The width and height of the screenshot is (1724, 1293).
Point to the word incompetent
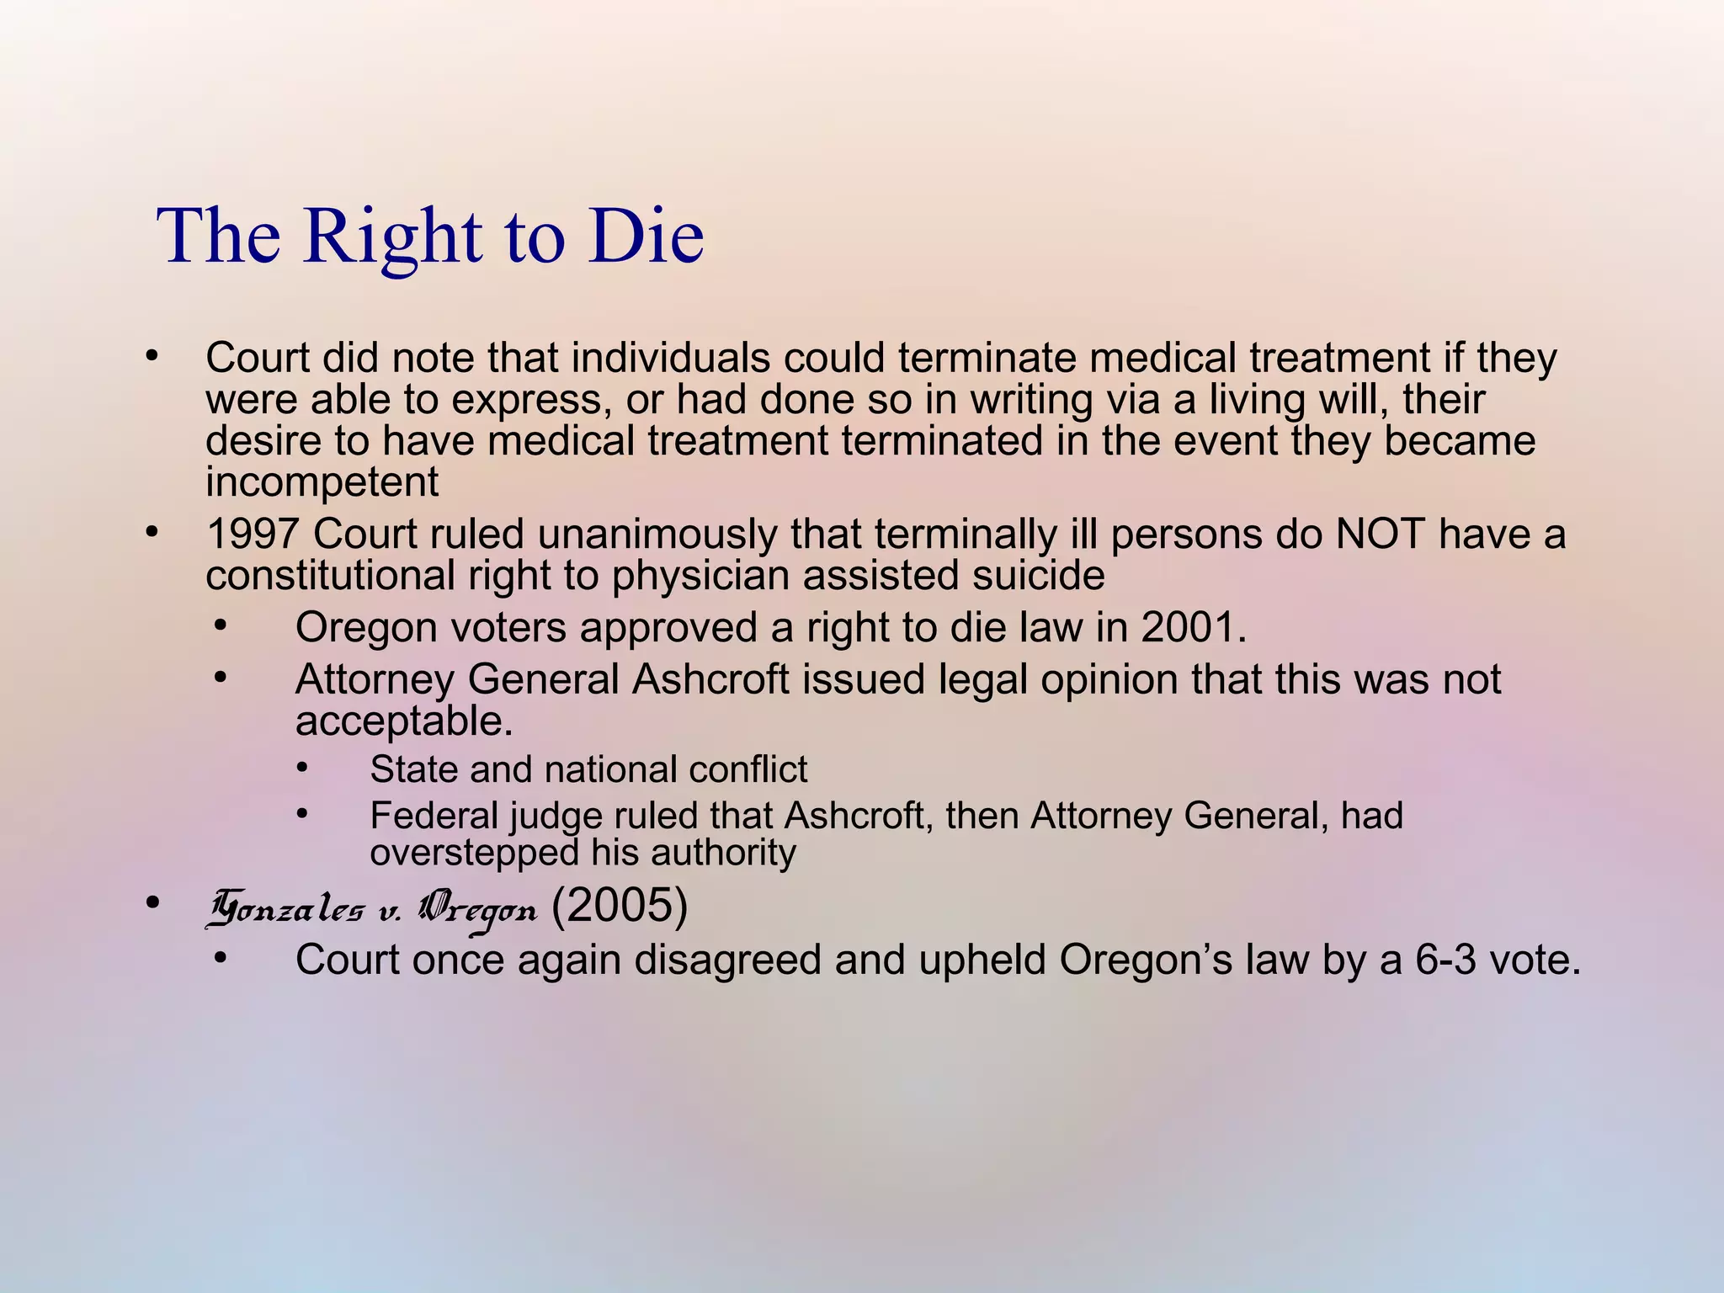pos(322,482)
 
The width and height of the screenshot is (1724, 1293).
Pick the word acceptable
pos(403,721)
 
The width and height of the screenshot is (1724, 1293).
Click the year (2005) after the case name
pos(620,907)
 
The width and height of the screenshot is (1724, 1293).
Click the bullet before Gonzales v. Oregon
pos(152,903)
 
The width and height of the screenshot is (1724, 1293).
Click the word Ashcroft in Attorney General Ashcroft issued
pos(710,679)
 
